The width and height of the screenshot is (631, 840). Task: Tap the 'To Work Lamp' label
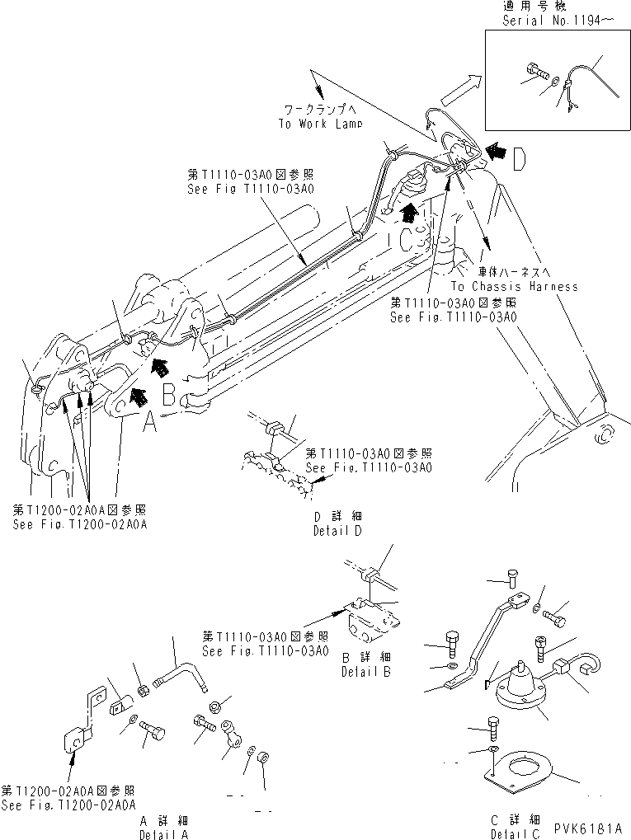318,124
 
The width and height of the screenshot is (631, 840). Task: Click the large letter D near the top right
518,160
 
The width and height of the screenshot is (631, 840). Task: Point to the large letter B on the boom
168,396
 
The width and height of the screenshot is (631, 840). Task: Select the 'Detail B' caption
365,672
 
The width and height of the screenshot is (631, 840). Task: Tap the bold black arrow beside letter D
497,151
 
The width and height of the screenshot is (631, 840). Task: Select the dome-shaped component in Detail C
521,681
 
